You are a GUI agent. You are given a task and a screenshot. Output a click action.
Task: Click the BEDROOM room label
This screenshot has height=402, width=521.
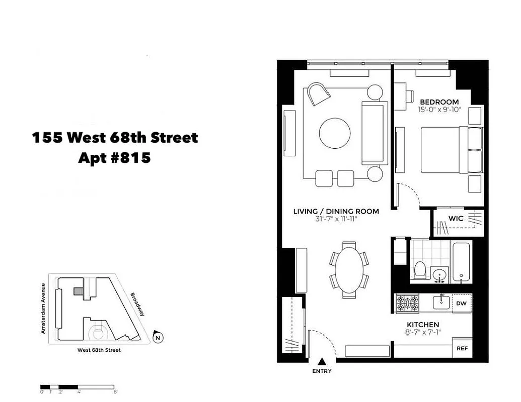[439, 102]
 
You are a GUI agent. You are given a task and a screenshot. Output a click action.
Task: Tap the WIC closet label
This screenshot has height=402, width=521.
[456, 218]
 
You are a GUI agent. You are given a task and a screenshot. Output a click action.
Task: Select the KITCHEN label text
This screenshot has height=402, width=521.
[423, 325]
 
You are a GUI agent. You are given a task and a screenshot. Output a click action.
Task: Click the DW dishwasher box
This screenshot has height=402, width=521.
[462, 303]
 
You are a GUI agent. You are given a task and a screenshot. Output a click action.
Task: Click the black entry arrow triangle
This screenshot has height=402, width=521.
[322, 361]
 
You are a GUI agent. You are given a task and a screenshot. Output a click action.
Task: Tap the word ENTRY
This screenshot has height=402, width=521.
[322, 371]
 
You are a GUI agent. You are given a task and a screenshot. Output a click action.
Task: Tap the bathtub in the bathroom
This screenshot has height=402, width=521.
[461, 263]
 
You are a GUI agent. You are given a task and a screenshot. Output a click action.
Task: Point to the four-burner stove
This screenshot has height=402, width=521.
[407, 302]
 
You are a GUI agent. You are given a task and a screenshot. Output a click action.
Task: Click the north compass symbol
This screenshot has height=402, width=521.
[158, 337]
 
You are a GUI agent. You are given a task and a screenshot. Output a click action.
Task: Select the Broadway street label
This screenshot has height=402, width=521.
[137, 304]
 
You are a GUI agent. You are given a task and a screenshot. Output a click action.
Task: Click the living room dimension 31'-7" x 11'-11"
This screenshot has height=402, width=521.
[336, 219]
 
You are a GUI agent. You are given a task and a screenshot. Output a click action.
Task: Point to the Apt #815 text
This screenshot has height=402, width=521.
[115, 158]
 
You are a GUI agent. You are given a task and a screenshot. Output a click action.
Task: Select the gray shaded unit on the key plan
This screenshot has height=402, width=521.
[78, 291]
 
